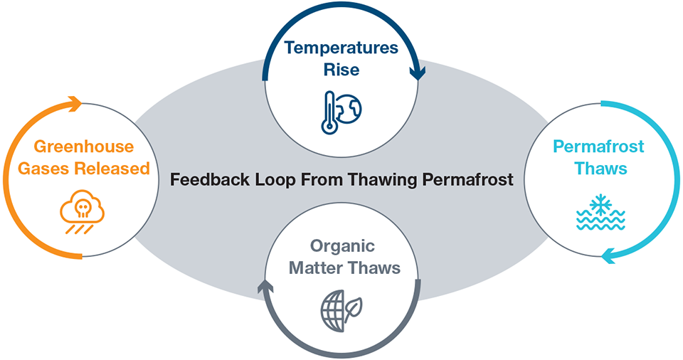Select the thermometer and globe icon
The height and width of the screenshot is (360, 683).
[x=341, y=110]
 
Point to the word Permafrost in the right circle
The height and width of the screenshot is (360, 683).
[x=598, y=147]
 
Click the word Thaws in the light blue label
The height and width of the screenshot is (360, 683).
[x=598, y=169]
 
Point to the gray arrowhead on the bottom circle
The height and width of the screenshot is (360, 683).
[x=265, y=286]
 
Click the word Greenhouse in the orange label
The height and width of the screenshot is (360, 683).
[x=85, y=147]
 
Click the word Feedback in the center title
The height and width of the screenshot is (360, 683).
[x=206, y=179]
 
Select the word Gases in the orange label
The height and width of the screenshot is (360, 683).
[x=46, y=169]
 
